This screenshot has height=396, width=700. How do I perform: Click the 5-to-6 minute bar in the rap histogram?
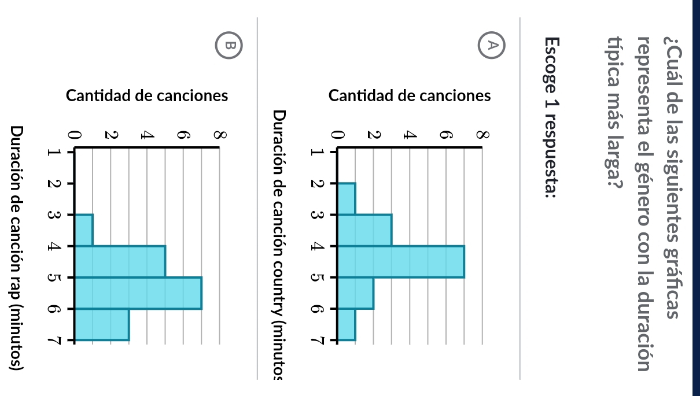[138, 293]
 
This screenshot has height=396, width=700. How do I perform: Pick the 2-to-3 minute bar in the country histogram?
[346, 199]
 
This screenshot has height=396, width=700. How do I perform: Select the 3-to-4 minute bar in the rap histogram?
[84, 230]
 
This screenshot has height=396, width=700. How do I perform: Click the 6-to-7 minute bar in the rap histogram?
[102, 324]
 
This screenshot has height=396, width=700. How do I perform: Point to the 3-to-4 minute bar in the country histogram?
[364, 230]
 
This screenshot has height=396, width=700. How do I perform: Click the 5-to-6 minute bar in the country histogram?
[355, 293]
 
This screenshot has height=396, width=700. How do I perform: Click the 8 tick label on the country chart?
[481, 135]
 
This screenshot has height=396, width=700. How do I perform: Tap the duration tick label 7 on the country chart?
[316, 341]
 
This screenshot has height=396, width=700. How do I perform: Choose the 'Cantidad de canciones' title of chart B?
[147, 95]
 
